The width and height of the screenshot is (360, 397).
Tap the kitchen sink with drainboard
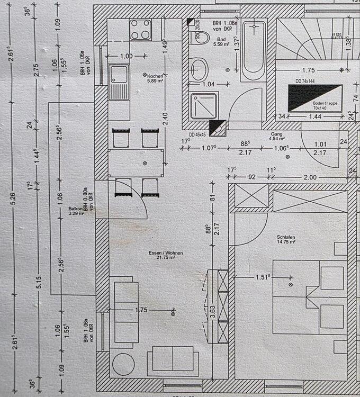pyautogui.click(x=119, y=83)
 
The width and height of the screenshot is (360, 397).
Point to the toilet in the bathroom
pyautogui.click(x=199, y=69)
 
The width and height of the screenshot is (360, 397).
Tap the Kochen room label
pyautogui.click(x=157, y=78)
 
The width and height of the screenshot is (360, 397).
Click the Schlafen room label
pyautogui.click(x=285, y=239)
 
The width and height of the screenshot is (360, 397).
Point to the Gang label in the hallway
pyautogui.click(x=277, y=137)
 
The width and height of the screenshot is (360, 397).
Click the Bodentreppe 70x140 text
pyautogui.click(x=325, y=106)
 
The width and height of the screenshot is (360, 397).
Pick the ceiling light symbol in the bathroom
pyautogui.click(x=228, y=69)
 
